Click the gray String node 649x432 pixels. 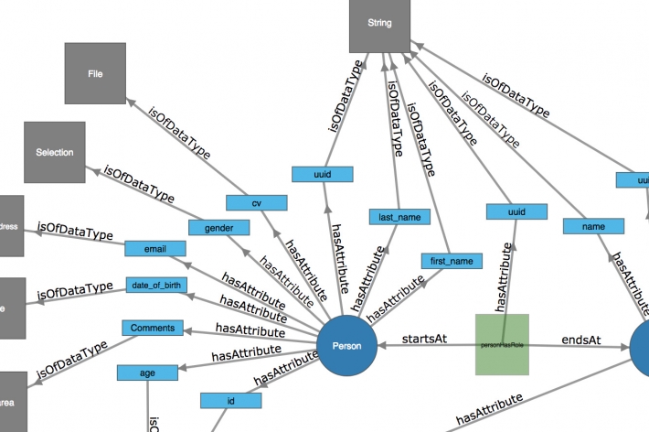click(380, 26)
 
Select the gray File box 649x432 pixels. click(94, 72)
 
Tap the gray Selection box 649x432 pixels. click(54, 152)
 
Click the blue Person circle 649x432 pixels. click(347, 345)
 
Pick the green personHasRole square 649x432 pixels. click(502, 344)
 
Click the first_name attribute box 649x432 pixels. click(451, 261)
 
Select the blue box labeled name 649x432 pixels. click(593, 225)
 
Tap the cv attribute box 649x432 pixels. click(257, 202)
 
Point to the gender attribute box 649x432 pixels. click(219, 227)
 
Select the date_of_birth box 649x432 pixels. click(157, 286)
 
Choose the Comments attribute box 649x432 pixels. click(152, 328)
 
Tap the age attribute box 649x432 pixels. click(146, 373)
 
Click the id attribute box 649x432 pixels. click(230, 400)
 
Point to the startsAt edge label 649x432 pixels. click(424, 339)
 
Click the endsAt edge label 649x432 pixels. click(580, 339)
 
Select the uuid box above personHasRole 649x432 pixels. click(516, 212)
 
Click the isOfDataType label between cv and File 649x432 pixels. click(179, 136)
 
